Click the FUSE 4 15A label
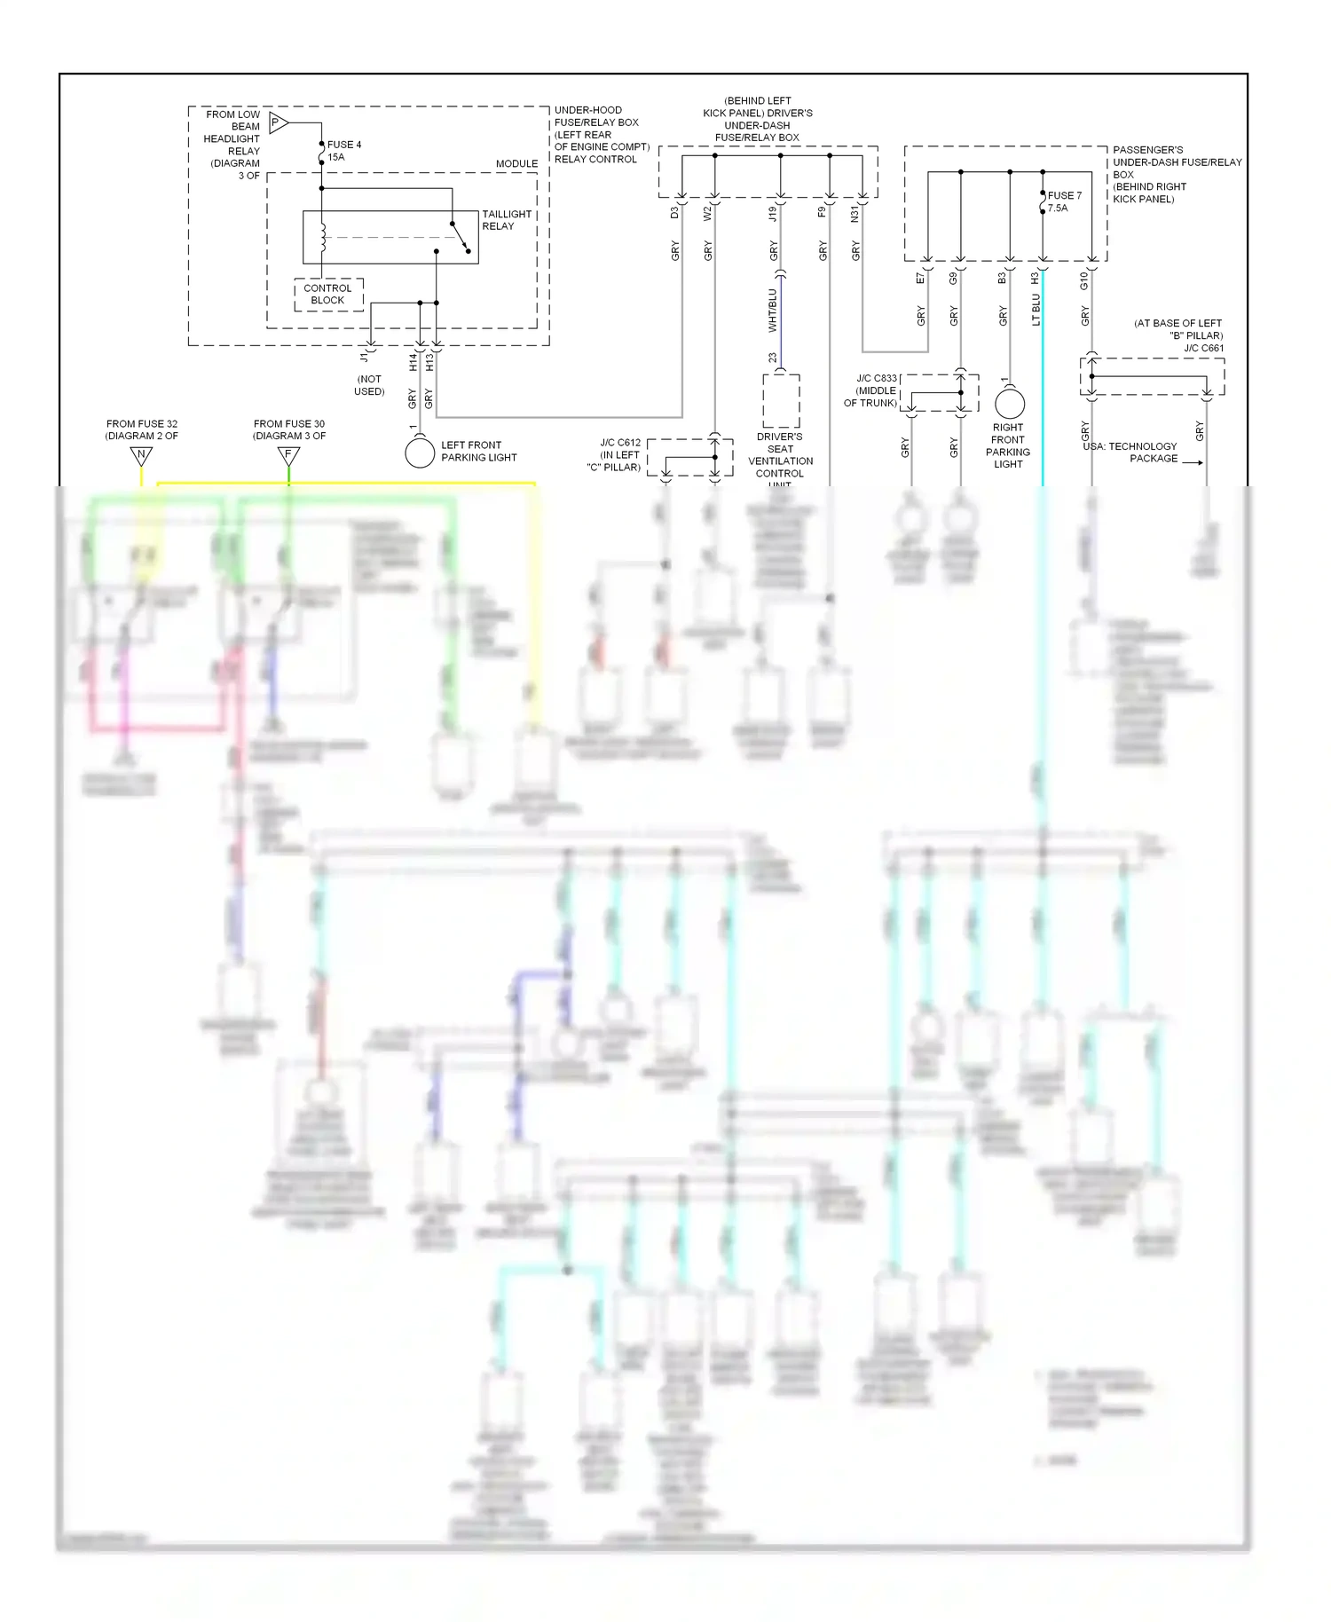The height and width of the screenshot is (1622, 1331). click(343, 151)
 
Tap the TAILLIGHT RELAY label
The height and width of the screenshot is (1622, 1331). click(506, 220)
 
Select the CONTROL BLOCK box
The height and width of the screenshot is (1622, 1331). click(328, 295)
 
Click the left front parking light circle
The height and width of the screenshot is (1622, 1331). click(420, 453)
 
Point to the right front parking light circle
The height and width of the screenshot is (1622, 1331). click(1010, 404)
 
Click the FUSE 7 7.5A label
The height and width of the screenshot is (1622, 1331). click(1063, 201)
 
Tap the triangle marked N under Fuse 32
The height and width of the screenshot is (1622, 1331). click(141, 456)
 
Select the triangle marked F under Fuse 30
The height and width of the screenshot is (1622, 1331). click(288, 456)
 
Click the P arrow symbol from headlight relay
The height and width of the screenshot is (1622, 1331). click(278, 123)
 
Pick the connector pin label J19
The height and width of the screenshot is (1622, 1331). click(773, 214)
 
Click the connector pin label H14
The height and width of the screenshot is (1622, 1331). click(413, 362)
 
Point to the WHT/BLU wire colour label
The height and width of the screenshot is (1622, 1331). click(773, 311)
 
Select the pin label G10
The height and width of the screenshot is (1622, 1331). click(1084, 281)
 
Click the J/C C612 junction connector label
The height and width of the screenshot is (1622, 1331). click(619, 454)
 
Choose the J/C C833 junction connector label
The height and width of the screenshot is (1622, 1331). click(876, 390)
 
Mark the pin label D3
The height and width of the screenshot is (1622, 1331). click(674, 213)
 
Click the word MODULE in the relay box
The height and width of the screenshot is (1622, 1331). click(516, 164)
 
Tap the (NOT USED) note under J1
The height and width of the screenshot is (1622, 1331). click(369, 385)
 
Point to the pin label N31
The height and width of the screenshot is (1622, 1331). click(855, 214)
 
